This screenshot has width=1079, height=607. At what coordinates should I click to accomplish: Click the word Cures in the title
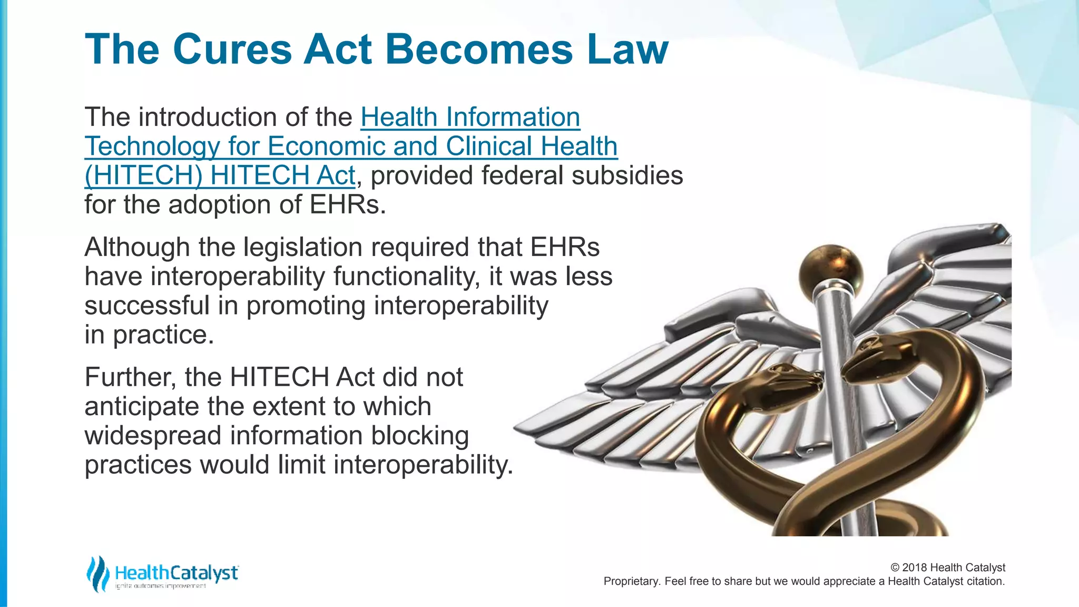click(232, 50)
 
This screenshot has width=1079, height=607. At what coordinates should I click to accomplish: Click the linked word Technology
click(152, 146)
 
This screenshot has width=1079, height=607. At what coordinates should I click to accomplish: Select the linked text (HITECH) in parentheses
click(143, 175)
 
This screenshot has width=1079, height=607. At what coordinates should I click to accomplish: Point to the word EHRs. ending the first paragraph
click(348, 205)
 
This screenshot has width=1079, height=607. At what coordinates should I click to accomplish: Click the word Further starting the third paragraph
click(130, 377)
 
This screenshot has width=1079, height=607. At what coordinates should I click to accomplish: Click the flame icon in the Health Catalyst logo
click(97, 573)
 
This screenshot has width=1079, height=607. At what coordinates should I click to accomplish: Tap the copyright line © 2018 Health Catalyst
click(947, 567)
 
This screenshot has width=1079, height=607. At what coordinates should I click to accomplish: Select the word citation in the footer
click(985, 581)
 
